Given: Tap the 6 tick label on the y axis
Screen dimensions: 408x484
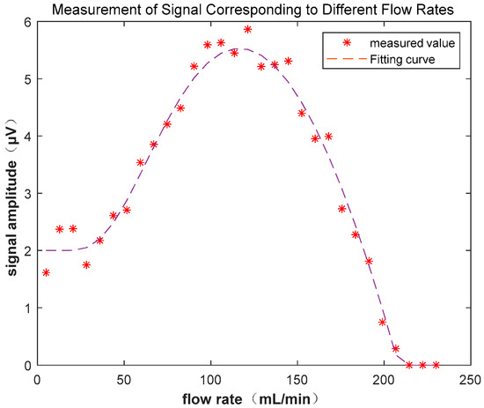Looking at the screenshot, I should tap(25, 22).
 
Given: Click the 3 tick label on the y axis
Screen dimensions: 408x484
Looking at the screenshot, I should tap(25, 194).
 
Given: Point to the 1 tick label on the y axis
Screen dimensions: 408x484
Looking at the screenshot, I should tap(25, 308).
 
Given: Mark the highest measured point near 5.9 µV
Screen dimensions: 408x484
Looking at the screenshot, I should tap(248, 29).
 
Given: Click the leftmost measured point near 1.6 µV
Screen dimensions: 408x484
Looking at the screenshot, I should tap(46, 273).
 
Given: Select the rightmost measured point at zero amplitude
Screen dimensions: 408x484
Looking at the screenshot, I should tap(436, 365).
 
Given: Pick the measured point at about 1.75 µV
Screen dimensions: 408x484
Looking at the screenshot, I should tap(86, 264).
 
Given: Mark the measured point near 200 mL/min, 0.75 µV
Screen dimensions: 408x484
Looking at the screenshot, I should tap(382, 322).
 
